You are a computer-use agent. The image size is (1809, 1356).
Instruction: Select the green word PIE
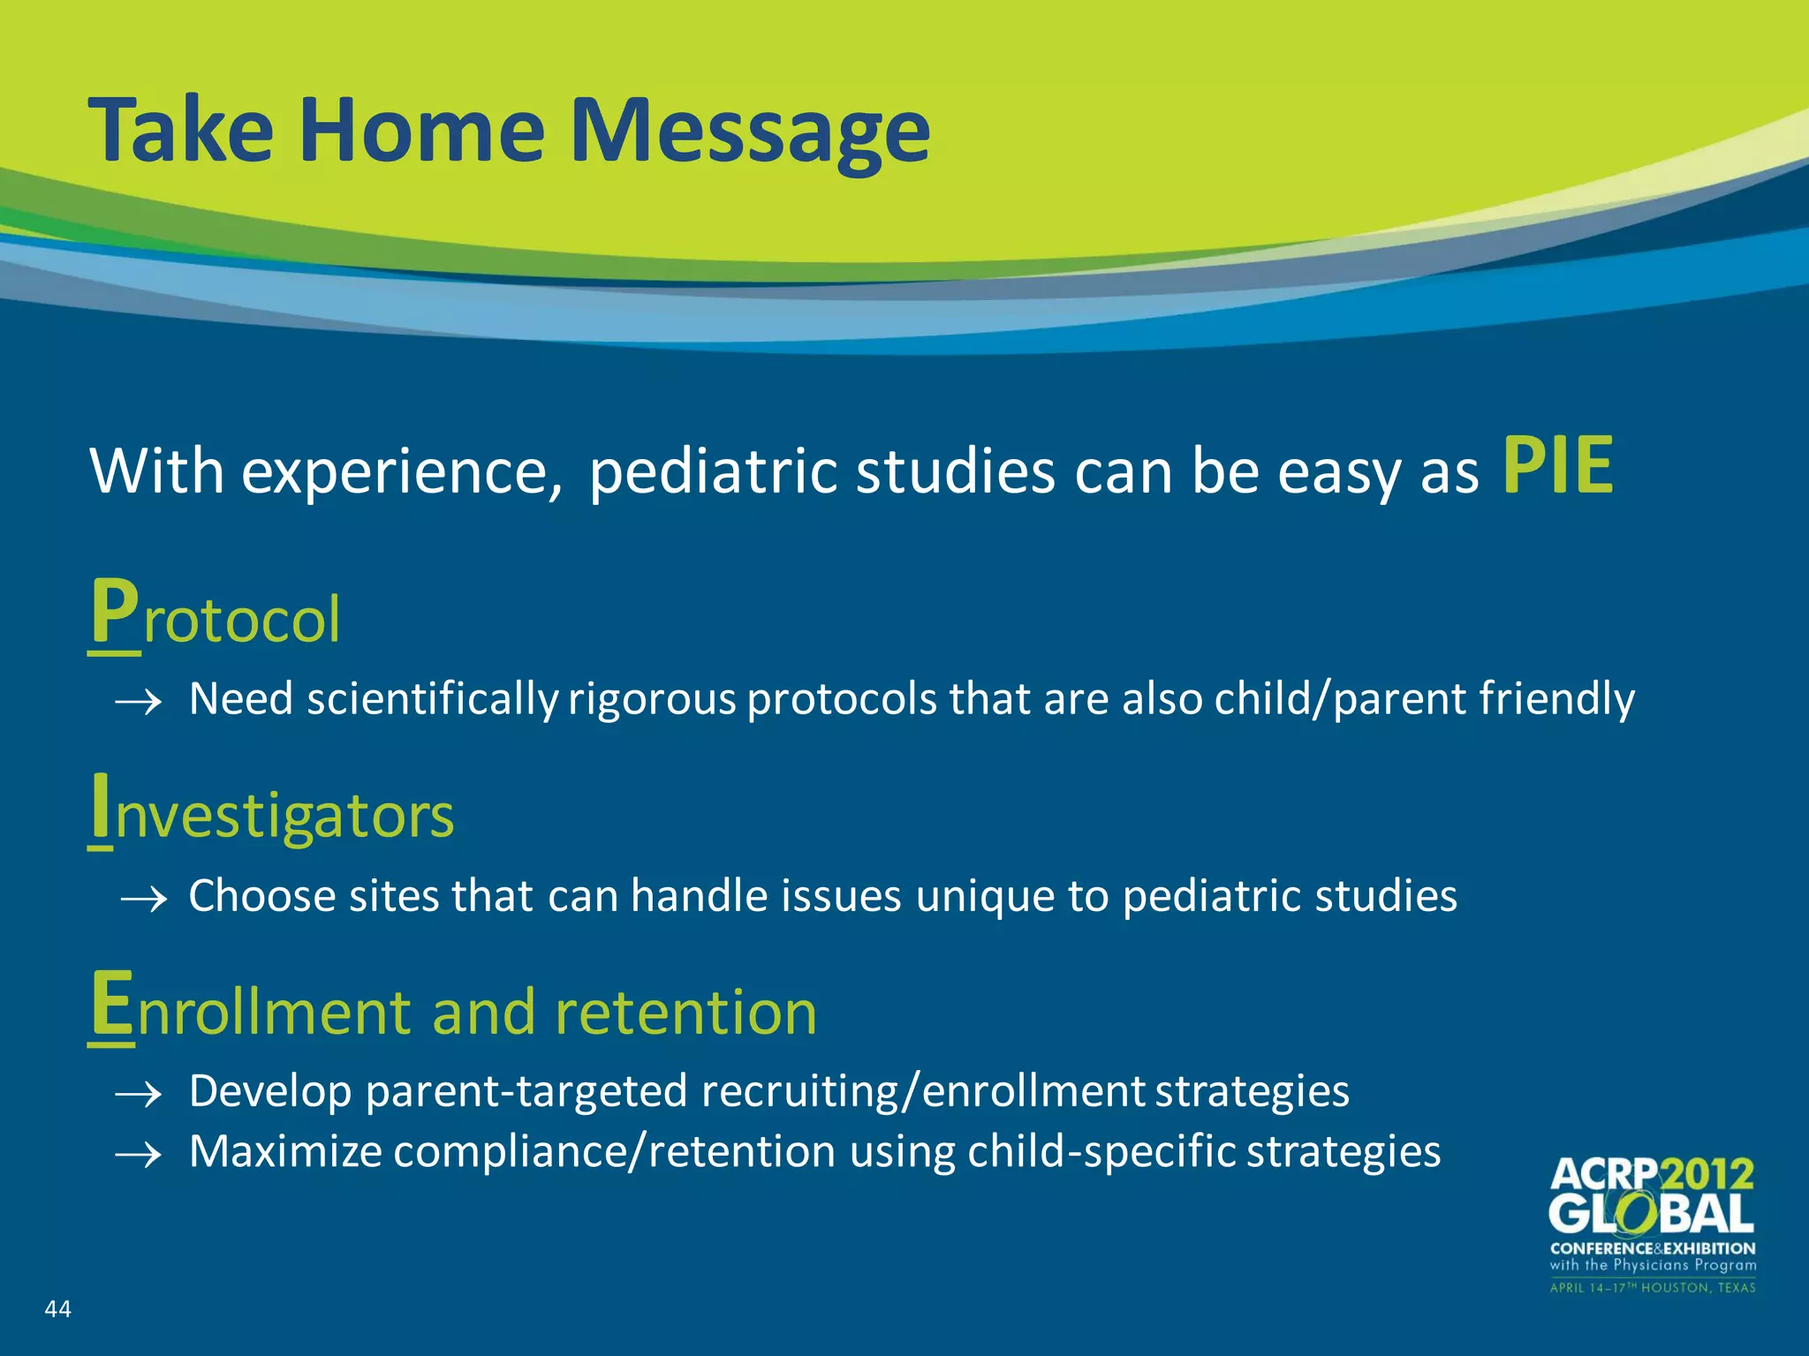pos(1558,466)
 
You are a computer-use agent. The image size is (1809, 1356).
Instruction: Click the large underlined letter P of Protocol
pos(115,614)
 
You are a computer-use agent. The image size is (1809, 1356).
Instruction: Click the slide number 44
pos(57,1308)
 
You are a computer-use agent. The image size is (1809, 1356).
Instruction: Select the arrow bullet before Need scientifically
pos(139,703)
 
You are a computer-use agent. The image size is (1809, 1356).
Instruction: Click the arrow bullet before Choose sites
pos(144,900)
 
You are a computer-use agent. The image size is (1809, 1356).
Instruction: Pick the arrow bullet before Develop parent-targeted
pos(139,1096)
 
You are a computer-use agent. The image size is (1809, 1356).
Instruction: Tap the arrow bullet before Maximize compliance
pos(139,1155)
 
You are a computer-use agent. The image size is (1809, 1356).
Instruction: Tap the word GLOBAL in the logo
pos(1651,1215)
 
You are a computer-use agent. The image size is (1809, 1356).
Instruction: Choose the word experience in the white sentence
pos(401,471)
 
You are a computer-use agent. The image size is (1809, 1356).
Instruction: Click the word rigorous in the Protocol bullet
pos(652,699)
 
